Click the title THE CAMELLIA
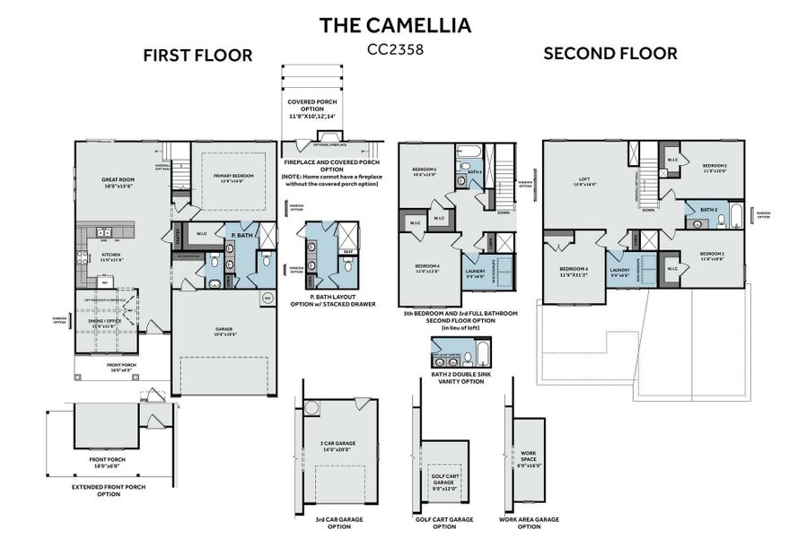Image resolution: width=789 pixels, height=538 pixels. [395, 24]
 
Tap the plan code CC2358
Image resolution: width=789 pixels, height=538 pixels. [395, 50]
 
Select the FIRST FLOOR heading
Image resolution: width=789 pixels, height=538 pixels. [197, 56]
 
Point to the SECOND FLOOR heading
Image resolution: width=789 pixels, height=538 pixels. [610, 53]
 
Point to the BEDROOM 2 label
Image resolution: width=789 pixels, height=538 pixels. [714, 168]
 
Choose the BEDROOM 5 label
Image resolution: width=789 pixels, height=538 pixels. [424, 172]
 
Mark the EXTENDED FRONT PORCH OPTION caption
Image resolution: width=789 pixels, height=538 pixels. [109, 490]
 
